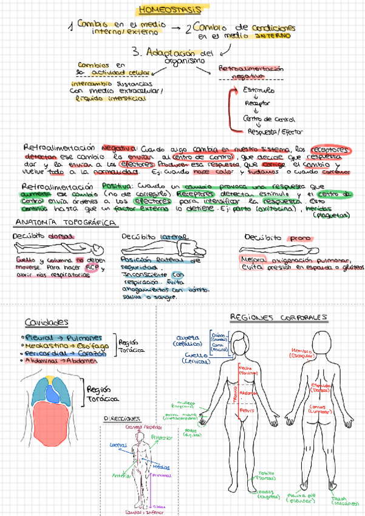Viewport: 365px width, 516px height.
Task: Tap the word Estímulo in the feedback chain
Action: (x=258, y=90)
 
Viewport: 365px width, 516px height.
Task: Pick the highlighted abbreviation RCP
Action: (x=91, y=267)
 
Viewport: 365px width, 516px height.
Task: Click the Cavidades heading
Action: (x=46, y=322)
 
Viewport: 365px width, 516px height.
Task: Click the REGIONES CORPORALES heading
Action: (x=279, y=317)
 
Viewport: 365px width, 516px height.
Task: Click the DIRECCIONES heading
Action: (x=121, y=419)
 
